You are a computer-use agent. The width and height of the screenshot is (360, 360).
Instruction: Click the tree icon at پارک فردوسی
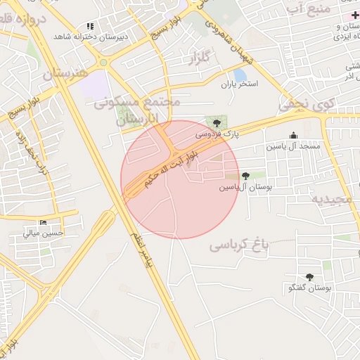coord(216,123)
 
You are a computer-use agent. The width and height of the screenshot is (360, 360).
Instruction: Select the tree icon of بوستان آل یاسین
coord(245,176)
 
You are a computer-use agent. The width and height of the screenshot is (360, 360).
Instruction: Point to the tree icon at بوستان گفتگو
coord(309,277)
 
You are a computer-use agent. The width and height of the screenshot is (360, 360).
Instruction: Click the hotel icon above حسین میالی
coord(44,223)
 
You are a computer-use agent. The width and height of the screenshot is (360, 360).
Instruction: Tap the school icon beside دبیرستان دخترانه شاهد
coord(90,26)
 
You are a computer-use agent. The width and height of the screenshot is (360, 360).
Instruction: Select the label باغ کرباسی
coord(239,245)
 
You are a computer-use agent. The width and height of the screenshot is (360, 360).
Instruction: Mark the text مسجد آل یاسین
coord(292,147)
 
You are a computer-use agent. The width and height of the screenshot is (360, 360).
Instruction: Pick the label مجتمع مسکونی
coord(138,103)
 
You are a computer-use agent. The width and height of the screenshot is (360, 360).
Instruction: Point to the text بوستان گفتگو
coord(309,288)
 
